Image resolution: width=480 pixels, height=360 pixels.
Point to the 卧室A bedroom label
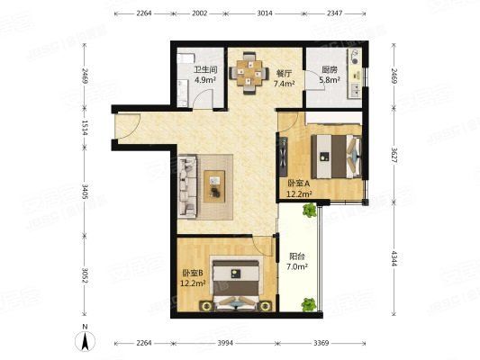click(x=298, y=184)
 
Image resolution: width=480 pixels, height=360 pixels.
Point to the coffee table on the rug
click(x=216, y=183)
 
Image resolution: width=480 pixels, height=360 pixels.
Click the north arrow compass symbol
click(x=84, y=339)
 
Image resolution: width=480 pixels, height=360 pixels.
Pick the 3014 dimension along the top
click(x=264, y=13)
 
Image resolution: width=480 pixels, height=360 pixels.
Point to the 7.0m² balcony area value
click(x=298, y=267)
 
